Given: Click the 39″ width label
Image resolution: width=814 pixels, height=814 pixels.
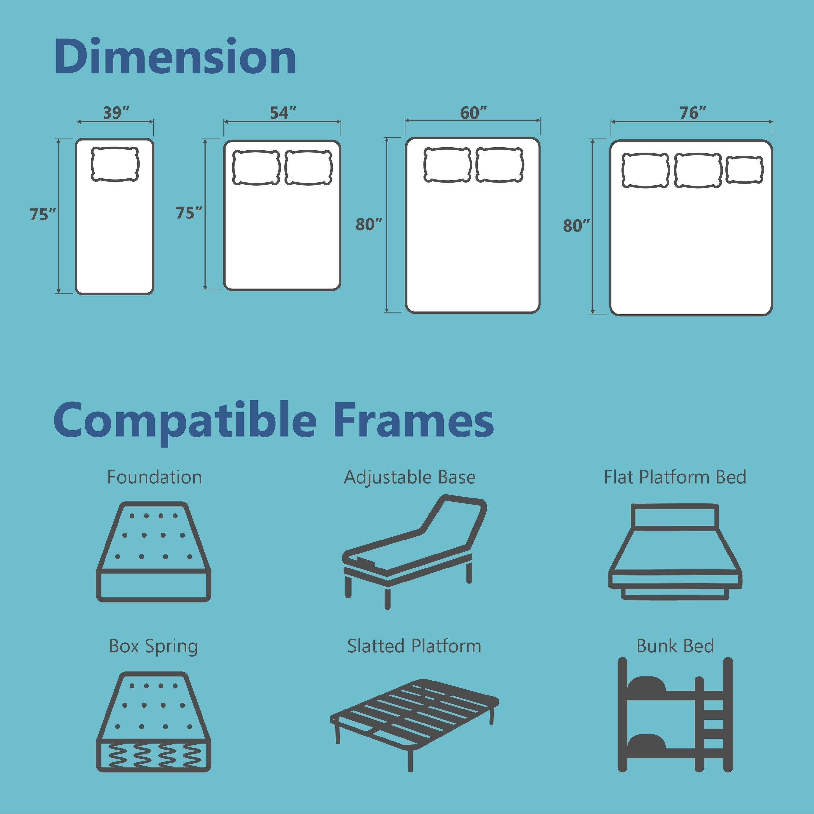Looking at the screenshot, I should tap(116, 113).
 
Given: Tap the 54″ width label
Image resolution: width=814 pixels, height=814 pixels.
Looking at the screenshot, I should tap(283, 113).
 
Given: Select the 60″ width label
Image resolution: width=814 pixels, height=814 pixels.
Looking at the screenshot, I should tap(473, 113).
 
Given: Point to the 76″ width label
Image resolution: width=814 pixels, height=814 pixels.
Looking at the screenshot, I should tap(692, 113).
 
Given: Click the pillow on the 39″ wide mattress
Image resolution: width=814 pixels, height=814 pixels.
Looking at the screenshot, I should tap(115, 164).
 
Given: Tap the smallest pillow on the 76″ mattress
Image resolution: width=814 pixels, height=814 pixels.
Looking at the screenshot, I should tap(744, 170).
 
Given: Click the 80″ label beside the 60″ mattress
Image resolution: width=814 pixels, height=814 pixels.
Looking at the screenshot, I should tap(369, 225).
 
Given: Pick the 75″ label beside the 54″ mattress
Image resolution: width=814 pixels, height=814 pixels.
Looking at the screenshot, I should tap(189, 213).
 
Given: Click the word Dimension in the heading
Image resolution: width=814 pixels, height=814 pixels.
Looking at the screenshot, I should tap(175, 57).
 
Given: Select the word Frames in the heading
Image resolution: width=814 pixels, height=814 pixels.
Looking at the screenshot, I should tap(413, 420).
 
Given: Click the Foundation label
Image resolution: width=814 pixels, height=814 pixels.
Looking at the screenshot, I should tap(155, 477).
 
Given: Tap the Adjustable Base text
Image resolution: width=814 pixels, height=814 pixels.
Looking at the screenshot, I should tap(410, 477).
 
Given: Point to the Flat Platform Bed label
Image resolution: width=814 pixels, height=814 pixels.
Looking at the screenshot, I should tap(675, 477).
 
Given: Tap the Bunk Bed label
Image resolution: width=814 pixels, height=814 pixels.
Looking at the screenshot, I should tap(675, 646).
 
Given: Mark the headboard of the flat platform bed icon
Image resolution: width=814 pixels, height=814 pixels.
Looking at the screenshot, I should tap(675, 516).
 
